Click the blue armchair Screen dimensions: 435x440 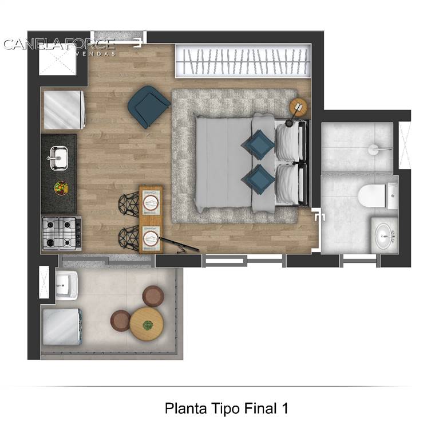click(148, 107)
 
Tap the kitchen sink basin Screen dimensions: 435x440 click(59, 158)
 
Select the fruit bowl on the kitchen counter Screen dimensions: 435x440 click(61, 188)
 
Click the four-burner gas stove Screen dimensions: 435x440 click(62, 233)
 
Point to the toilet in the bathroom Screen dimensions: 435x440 click(377, 196)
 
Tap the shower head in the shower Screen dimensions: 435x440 click(374, 150)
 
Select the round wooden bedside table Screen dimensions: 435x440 click(298, 107)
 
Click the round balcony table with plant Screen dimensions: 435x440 click(147, 324)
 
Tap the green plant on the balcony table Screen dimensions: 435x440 click(148, 325)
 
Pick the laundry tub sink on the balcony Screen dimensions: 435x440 click(66, 285)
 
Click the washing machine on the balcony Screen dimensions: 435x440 click(62, 327)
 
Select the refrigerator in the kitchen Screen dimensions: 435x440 click(64, 110)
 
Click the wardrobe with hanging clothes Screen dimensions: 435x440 click(243, 61)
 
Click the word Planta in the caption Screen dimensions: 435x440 click(186, 408)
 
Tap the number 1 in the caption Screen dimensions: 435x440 click(285, 408)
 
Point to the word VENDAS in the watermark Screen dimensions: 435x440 click(95, 54)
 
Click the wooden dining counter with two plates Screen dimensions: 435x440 click(151, 219)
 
